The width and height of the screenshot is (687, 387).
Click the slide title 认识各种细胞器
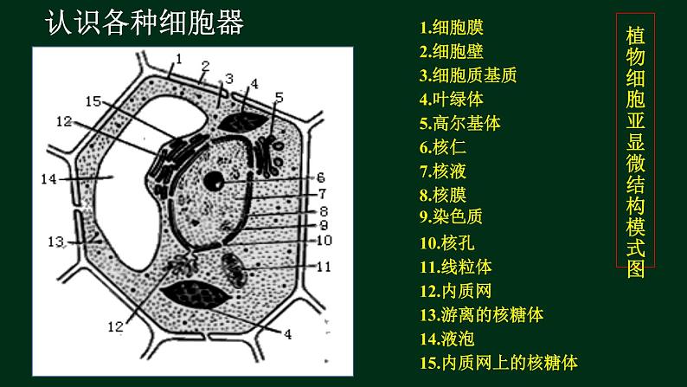pyautogui.click(x=144, y=23)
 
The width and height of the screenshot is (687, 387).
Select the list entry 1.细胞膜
pyautogui.click(x=452, y=28)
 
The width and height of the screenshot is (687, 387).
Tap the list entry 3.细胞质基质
pyautogui.click(x=468, y=75)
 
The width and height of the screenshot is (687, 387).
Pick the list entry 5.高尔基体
pyautogui.click(x=459, y=123)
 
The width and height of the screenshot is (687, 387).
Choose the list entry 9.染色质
pyautogui.click(x=451, y=216)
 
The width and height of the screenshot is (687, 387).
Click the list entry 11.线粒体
pyautogui.click(x=456, y=267)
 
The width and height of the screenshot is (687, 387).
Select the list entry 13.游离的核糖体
pyautogui.click(x=482, y=314)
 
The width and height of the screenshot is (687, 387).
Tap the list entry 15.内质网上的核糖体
pyautogui.click(x=498, y=363)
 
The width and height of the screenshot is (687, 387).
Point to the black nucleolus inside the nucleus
pyautogui.click(x=215, y=181)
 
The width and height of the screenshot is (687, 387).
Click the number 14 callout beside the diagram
pyautogui.click(x=49, y=179)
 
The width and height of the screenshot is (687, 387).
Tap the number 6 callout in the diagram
pyautogui.click(x=321, y=177)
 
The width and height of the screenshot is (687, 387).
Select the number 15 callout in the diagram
pyautogui.click(x=93, y=101)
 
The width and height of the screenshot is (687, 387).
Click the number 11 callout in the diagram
pyautogui.click(x=324, y=267)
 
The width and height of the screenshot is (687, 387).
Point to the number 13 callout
pyautogui.click(x=56, y=242)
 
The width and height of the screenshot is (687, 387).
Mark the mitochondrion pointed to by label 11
pyautogui.click(x=234, y=270)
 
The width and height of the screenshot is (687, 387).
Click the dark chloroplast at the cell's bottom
pyautogui.click(x=196, y=294)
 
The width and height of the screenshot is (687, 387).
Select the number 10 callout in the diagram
pyautogui.click(x=324, y=240)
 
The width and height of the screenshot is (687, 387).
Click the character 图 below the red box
pyautogui.click(x=635, y=268)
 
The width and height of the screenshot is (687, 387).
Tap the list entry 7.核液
pyautogui.click(x=442, y=171)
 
